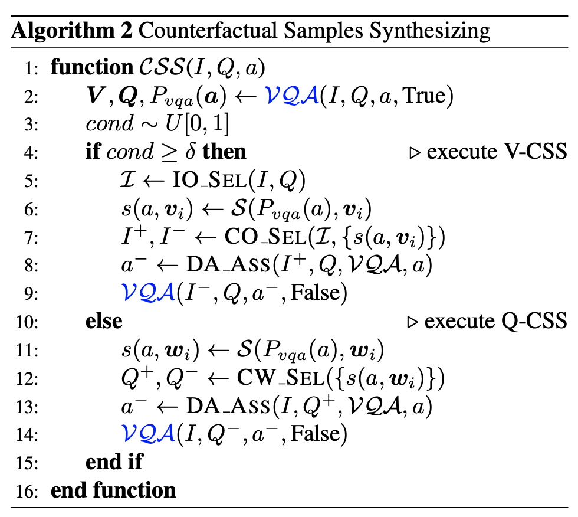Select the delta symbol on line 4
click(189, 153)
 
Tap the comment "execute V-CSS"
click(496, 152)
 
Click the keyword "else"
click(104, 322)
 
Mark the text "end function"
click(113, 490)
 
